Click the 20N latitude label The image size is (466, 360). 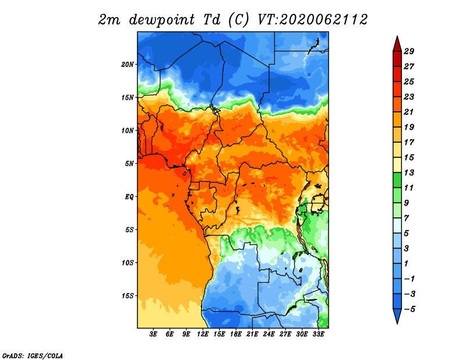[128, 65]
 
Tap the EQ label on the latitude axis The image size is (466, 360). [129, 197]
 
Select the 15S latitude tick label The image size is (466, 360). [128, 296]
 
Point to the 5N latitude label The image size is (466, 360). [129, 164]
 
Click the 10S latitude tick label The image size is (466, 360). [128, 263]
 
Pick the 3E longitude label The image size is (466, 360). [153, 334]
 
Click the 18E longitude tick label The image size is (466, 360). [236, 334]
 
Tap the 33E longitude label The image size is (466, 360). [318, 334]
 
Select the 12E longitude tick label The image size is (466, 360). [203, 334]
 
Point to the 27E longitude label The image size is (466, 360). [285, 334]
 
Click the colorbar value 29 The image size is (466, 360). [409, 51]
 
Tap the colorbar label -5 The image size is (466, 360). [409, 309]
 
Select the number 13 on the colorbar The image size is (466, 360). [409, 172]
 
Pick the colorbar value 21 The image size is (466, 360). [409, 112]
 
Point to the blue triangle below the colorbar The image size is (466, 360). [397, 315]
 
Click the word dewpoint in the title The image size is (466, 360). [161, 20]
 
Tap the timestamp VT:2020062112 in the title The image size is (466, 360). [312, 20]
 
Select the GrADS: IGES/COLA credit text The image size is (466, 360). [33, 355]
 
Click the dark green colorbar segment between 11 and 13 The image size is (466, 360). [397, 180]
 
